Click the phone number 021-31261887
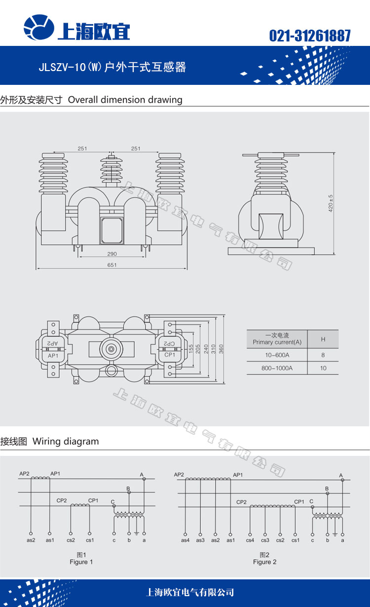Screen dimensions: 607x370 (310, 36)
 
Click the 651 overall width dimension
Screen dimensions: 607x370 (111, 265)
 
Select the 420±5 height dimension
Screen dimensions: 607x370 (331, 203)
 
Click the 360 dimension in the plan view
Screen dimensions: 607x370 (222, 348)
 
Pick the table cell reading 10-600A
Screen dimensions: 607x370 (277, 355)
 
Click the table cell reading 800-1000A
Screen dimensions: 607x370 (277, 368)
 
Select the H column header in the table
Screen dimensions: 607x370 (323, 339)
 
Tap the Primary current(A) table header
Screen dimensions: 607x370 (277, 339)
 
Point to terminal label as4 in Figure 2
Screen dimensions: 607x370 (185, 540)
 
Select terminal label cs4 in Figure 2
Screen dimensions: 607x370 (250, 540)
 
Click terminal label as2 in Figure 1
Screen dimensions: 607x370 (31, 540)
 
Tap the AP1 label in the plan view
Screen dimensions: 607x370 (53, 355)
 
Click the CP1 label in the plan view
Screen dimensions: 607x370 (170, 355)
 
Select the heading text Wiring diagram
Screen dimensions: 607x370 (66, 442)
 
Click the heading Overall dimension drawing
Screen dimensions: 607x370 (125, 100)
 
